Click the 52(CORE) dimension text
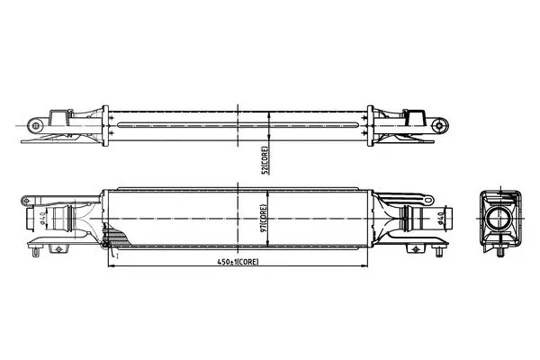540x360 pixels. coord(265,160)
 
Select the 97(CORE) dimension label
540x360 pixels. coord(264,219)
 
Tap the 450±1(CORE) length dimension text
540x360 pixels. coord(238,262)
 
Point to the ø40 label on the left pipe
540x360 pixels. coord(42,219)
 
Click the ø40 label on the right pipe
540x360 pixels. coord(440,218)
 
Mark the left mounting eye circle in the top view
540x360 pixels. coord(35,125)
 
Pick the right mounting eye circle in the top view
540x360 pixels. coord(439,125)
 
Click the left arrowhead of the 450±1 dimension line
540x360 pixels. coord(111,266)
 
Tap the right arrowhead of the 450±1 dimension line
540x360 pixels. coord(365,266)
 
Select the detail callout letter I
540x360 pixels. coord(117,256)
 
